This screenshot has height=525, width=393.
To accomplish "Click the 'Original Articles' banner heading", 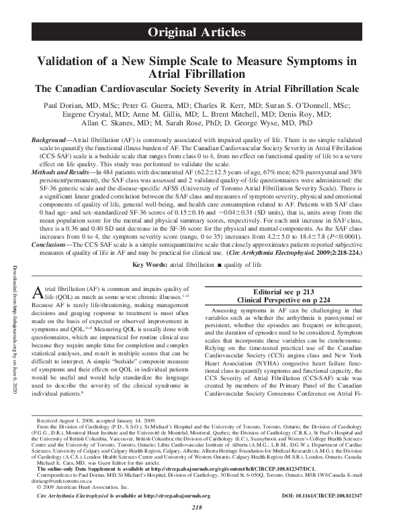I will [195, 32].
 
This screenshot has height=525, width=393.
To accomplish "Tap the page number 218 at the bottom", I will [196, 518].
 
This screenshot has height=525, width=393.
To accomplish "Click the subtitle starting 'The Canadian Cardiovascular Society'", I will [195, 89].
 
